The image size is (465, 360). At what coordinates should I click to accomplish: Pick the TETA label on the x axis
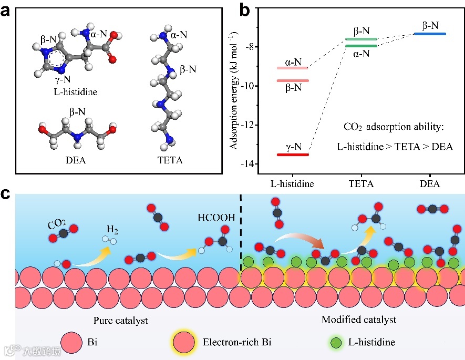[361, 184]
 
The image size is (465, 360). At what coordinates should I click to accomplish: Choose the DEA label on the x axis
[430, 184]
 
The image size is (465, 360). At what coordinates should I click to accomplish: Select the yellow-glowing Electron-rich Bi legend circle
[185, 343]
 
